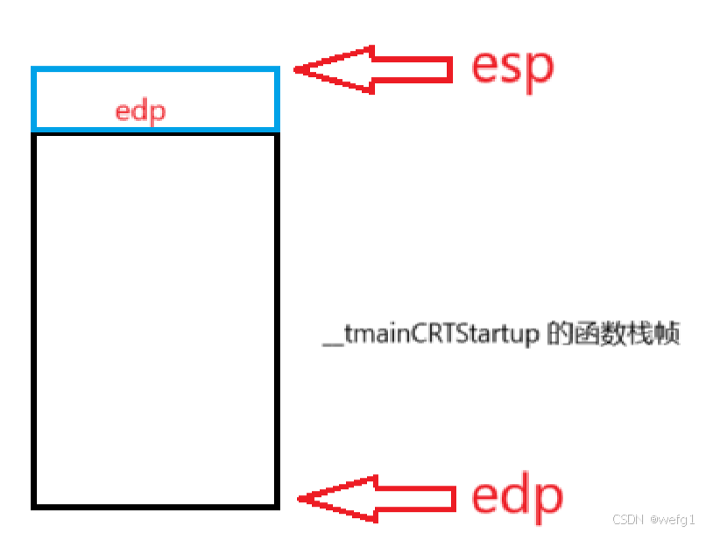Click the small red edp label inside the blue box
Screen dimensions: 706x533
tap(141, 111)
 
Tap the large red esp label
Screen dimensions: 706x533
tap(512, 66)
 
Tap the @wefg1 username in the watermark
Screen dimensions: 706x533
tap(673, 520)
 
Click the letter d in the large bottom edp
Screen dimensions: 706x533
tap(516, 494)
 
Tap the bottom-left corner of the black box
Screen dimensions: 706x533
tap(33, 506)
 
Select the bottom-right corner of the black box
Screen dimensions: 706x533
tap(277, 506)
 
